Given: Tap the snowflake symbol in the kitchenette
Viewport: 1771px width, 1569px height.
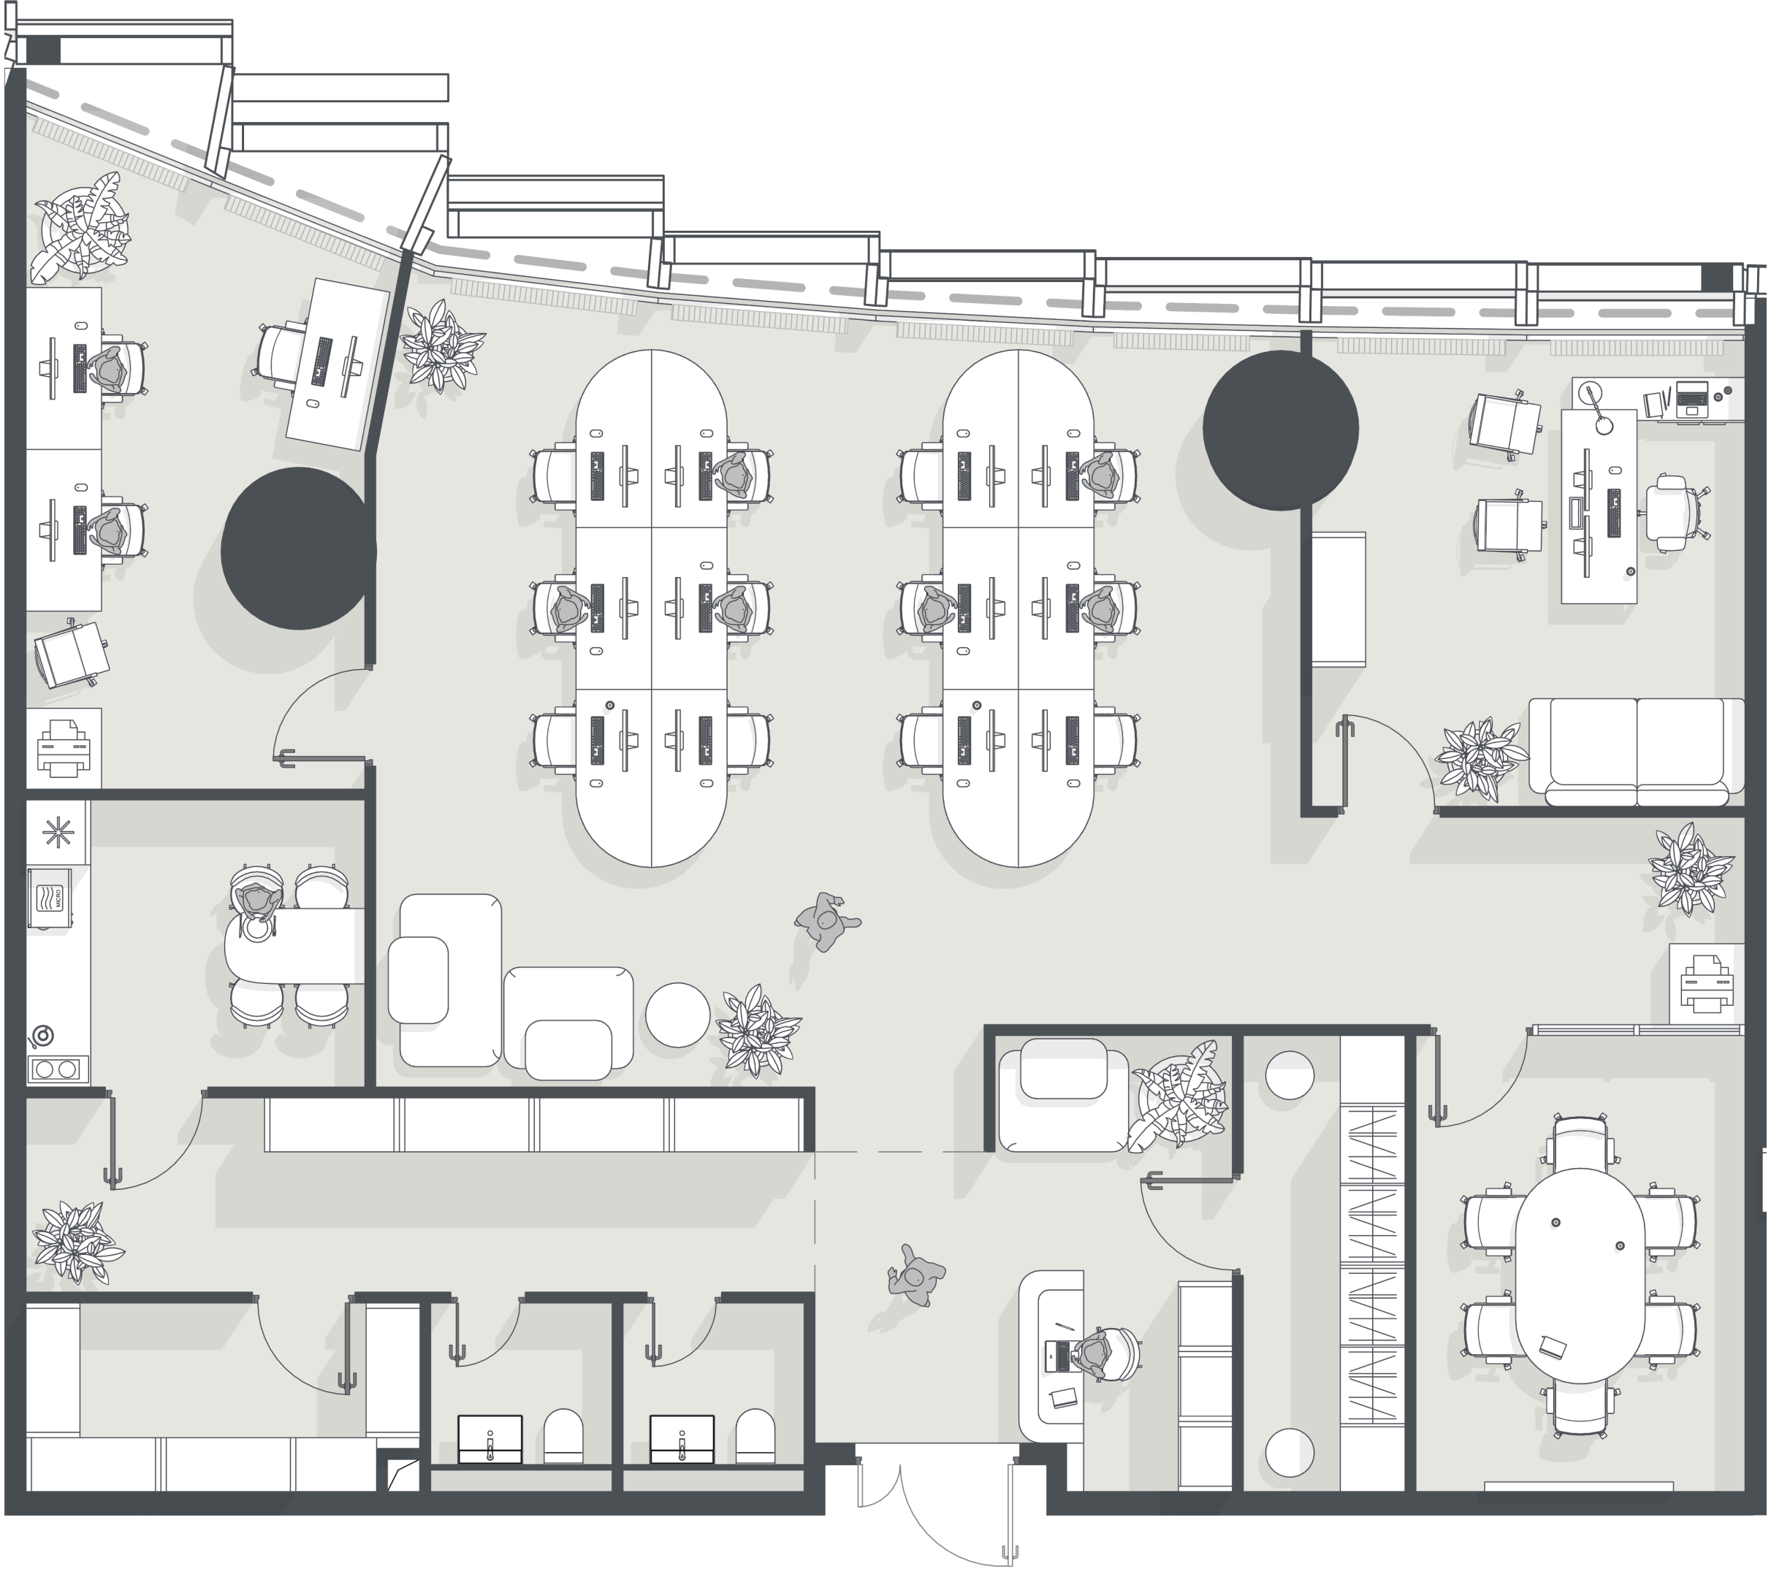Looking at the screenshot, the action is [x=57, y=833].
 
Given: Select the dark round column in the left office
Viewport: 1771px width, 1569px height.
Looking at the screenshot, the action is [x=299, y=549].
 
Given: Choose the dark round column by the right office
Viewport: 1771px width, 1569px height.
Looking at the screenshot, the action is [x=1281, y=428].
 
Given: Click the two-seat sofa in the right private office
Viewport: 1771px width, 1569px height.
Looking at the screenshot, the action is [x=1637, y=746].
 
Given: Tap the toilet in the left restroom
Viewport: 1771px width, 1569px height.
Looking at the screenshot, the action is [x=563, y=1435].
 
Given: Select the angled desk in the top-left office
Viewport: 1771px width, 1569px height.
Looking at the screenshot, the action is [x=338, y=364].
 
